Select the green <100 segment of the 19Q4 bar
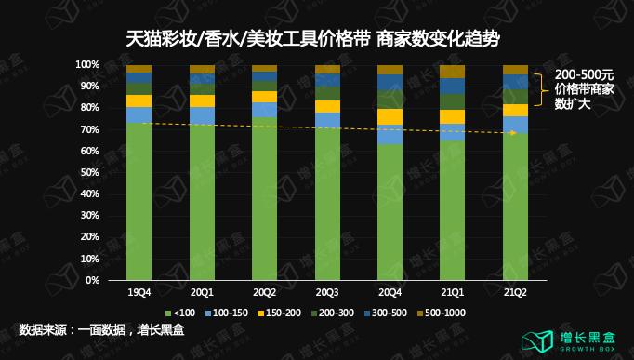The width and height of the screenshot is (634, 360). click(x=139, y=200)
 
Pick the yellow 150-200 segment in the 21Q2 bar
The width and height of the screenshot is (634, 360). click(x=515, y=111)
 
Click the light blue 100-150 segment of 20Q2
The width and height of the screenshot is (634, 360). click(x=264, y=110)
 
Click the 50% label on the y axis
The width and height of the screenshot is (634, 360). click(x=88, y=172)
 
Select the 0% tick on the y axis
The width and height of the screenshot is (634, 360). click(x=91, y=280)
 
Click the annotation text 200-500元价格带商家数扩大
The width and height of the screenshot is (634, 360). click(x=585, y=89)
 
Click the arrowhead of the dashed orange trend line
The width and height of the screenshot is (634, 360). click(x=513, y=133)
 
